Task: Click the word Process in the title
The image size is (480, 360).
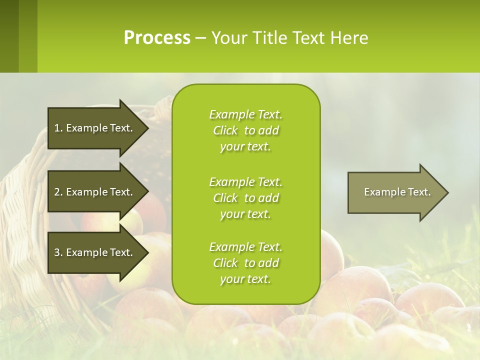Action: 157,38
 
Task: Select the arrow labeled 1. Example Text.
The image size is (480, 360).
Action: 95,128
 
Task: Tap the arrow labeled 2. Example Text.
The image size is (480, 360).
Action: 95,192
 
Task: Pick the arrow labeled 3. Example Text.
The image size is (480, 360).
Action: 95,252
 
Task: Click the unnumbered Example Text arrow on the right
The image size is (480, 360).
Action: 395,192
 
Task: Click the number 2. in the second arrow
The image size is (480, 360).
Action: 58,192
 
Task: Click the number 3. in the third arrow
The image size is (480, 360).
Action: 58,252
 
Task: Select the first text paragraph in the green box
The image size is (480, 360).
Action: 245,130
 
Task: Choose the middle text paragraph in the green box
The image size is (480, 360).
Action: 245,197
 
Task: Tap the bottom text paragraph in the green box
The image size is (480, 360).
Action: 245,263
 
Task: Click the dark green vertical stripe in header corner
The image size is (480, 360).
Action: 9,36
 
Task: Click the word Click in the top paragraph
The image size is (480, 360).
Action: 225,130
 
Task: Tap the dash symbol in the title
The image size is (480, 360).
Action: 201,38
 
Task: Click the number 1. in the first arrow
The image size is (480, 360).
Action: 58,128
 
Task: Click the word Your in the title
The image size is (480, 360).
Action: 228,38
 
